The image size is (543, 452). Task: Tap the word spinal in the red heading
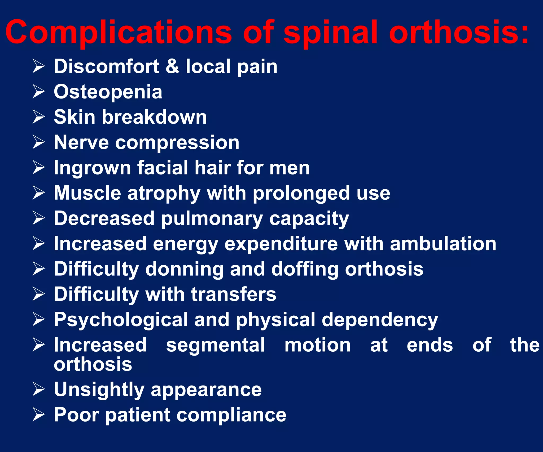(x=330, y=33)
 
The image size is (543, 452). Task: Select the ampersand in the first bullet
(x=172, y=66)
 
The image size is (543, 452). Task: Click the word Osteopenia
(x=108, y=92)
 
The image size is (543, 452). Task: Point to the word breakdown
(x=154, y=117)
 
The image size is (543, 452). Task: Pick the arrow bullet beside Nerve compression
(x=39, y=142)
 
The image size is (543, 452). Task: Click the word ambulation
(x=443, y=244)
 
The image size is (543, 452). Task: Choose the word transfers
(x=234, y=294)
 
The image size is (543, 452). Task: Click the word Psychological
(x=121, y=320)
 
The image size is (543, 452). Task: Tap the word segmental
(x=215, y=345)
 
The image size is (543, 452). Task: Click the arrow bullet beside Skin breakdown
(x=39, y=117)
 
